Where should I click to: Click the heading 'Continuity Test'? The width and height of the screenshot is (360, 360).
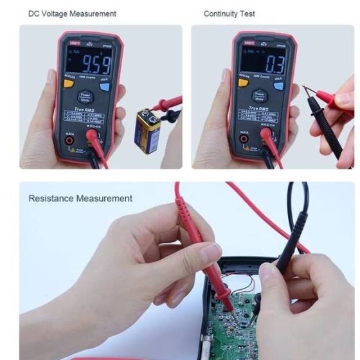click(230, 14)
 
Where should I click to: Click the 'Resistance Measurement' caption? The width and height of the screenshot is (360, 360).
click(80, 198)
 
